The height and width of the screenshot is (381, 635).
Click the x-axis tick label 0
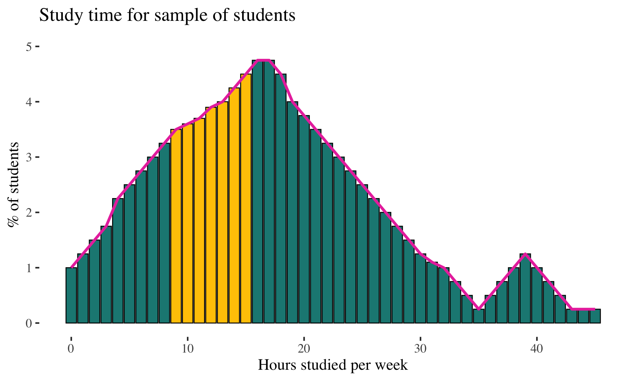[71, 349]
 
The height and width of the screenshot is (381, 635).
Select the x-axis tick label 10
[188, 349]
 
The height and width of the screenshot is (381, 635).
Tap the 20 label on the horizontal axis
[304, 349]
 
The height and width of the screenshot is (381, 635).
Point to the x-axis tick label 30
[420, 349]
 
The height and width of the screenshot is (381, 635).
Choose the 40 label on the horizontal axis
[537, 349]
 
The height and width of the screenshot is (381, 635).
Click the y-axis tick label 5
[29, 47]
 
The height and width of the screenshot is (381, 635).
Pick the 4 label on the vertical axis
[29, 102]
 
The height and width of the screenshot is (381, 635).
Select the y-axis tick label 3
[29, 157]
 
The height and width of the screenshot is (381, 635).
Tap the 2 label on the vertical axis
[29, 212]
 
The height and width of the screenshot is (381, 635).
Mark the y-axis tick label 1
[29, 268]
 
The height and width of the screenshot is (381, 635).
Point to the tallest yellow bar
[246, 198]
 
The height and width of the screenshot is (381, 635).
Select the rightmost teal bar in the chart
[595, 316]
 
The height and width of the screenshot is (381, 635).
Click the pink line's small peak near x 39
[525, 254]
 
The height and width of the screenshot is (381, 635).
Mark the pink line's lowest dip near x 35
[479, 309]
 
